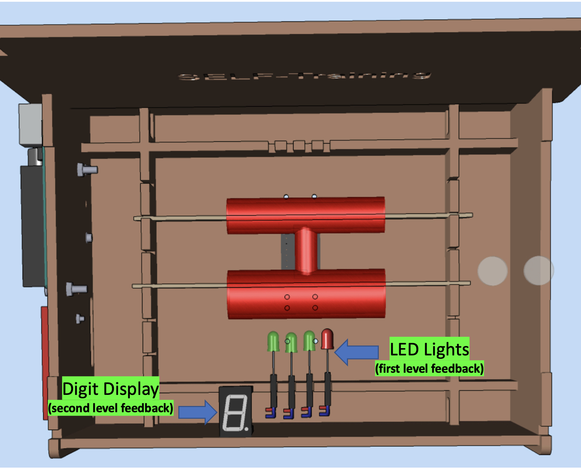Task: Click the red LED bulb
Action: point(327,339)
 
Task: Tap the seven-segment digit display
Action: point(235,411)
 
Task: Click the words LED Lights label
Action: point(429,349)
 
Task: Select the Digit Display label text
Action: point(110,389)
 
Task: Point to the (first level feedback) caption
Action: point(429,369)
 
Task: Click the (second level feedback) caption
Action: point(110,408)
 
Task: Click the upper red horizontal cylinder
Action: point(305,215)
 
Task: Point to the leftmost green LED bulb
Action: point(273,342)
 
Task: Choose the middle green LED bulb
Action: point(291,343)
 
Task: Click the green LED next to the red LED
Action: point(309,341)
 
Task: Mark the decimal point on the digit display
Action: point(247,429)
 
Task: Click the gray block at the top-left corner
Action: point(30,124)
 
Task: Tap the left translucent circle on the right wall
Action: point(492,271)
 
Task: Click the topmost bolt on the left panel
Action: point(87,170)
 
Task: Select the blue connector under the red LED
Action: point(325,411)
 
